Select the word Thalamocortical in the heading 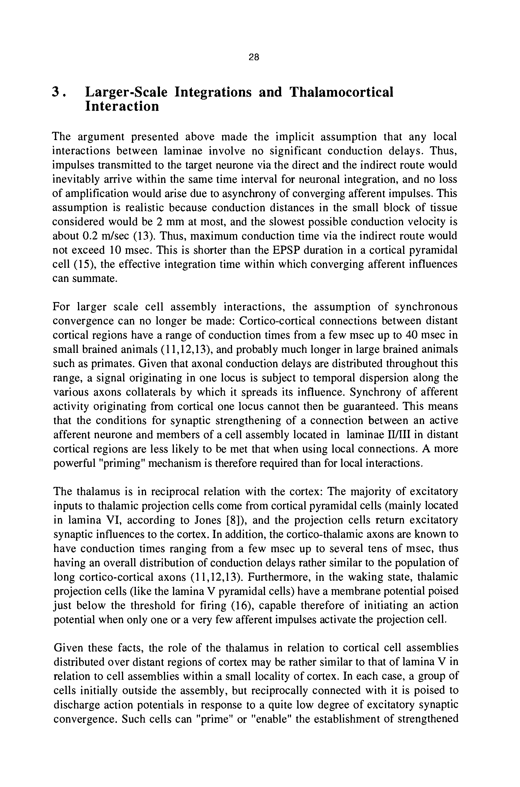(x=341, y=92)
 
